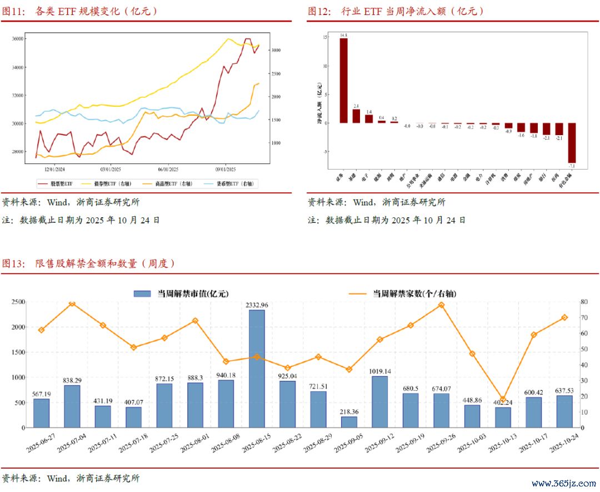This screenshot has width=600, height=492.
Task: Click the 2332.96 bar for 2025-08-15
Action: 257,369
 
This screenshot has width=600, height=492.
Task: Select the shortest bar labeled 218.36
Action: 349,422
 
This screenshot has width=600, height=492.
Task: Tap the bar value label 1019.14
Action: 380,371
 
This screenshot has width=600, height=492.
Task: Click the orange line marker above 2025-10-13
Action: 503,399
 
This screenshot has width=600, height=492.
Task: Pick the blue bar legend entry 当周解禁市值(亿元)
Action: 181,294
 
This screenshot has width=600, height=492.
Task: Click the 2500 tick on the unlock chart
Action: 18,302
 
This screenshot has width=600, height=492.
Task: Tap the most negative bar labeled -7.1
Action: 572,142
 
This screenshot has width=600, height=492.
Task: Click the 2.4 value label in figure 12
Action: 356,106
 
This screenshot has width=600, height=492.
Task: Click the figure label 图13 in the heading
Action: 13,264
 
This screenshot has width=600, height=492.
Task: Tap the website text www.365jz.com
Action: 563,483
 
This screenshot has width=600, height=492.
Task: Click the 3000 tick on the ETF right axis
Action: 276,50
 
